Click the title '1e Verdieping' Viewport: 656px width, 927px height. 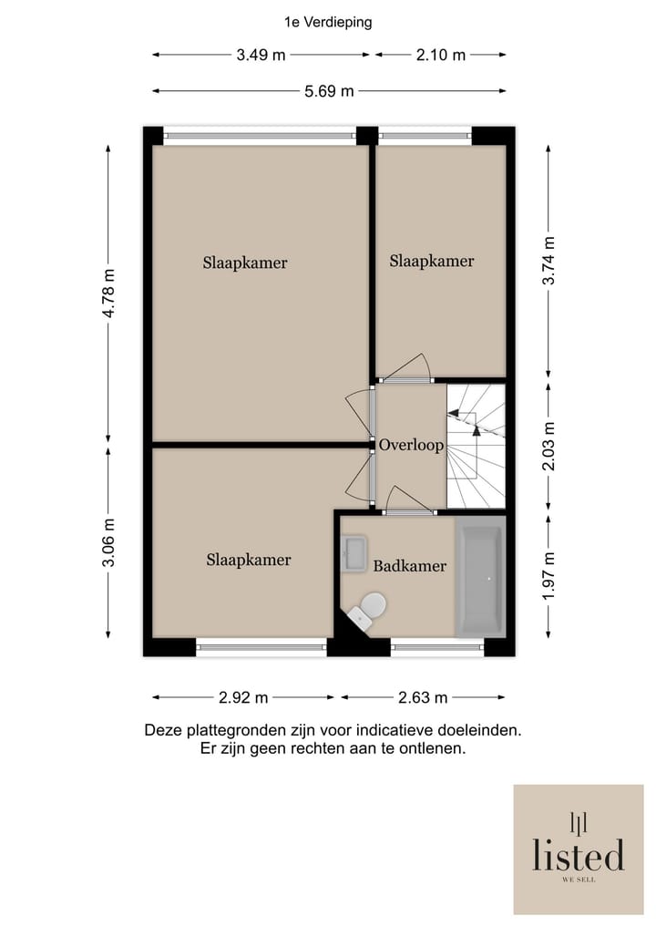pos(328,23)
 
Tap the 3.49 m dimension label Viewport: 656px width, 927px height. pos(261,55)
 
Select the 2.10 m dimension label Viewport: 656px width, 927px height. pos(441,55)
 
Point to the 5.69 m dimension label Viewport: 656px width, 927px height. pos(329,90)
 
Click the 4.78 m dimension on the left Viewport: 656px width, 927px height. pos(109,292)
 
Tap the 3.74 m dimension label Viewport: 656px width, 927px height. pos(548,261)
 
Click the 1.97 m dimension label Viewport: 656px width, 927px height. pos(548,576)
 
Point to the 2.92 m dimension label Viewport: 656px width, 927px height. pos(243,698)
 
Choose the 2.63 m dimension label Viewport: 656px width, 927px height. pos(423,698)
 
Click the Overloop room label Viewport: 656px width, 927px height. pos(411,446)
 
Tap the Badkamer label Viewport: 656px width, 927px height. pos(410,566)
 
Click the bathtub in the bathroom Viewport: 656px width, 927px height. pos(480,578)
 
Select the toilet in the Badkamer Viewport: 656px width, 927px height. pos(371,608)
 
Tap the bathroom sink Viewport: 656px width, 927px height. pos(353,552)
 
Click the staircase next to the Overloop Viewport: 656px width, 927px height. pos(476,446)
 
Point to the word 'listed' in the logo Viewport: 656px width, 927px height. pos(579,855)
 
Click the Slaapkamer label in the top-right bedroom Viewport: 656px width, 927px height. pos(432,262)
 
